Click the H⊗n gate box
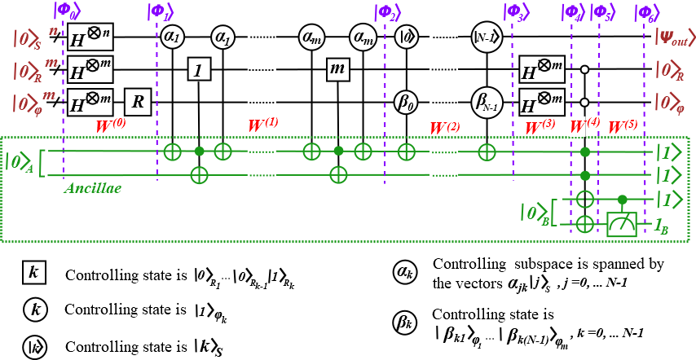[90, 37]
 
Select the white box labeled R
[138, 102]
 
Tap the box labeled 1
[199, 70]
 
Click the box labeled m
[337, 69]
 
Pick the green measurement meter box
[622, 224]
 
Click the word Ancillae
[93, 188]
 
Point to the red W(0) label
[111, 125]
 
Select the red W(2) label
[445, 128]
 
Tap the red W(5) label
[623, 126]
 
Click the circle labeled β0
[406, 103]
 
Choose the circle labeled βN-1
[487, 103]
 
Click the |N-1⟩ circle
[487, 37]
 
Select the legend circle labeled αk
[405, 272]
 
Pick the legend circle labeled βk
[405, 322]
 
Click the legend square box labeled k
[33, 272]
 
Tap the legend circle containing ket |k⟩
[34, 347]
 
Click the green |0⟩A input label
[19, 161]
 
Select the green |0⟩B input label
[534, 212]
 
